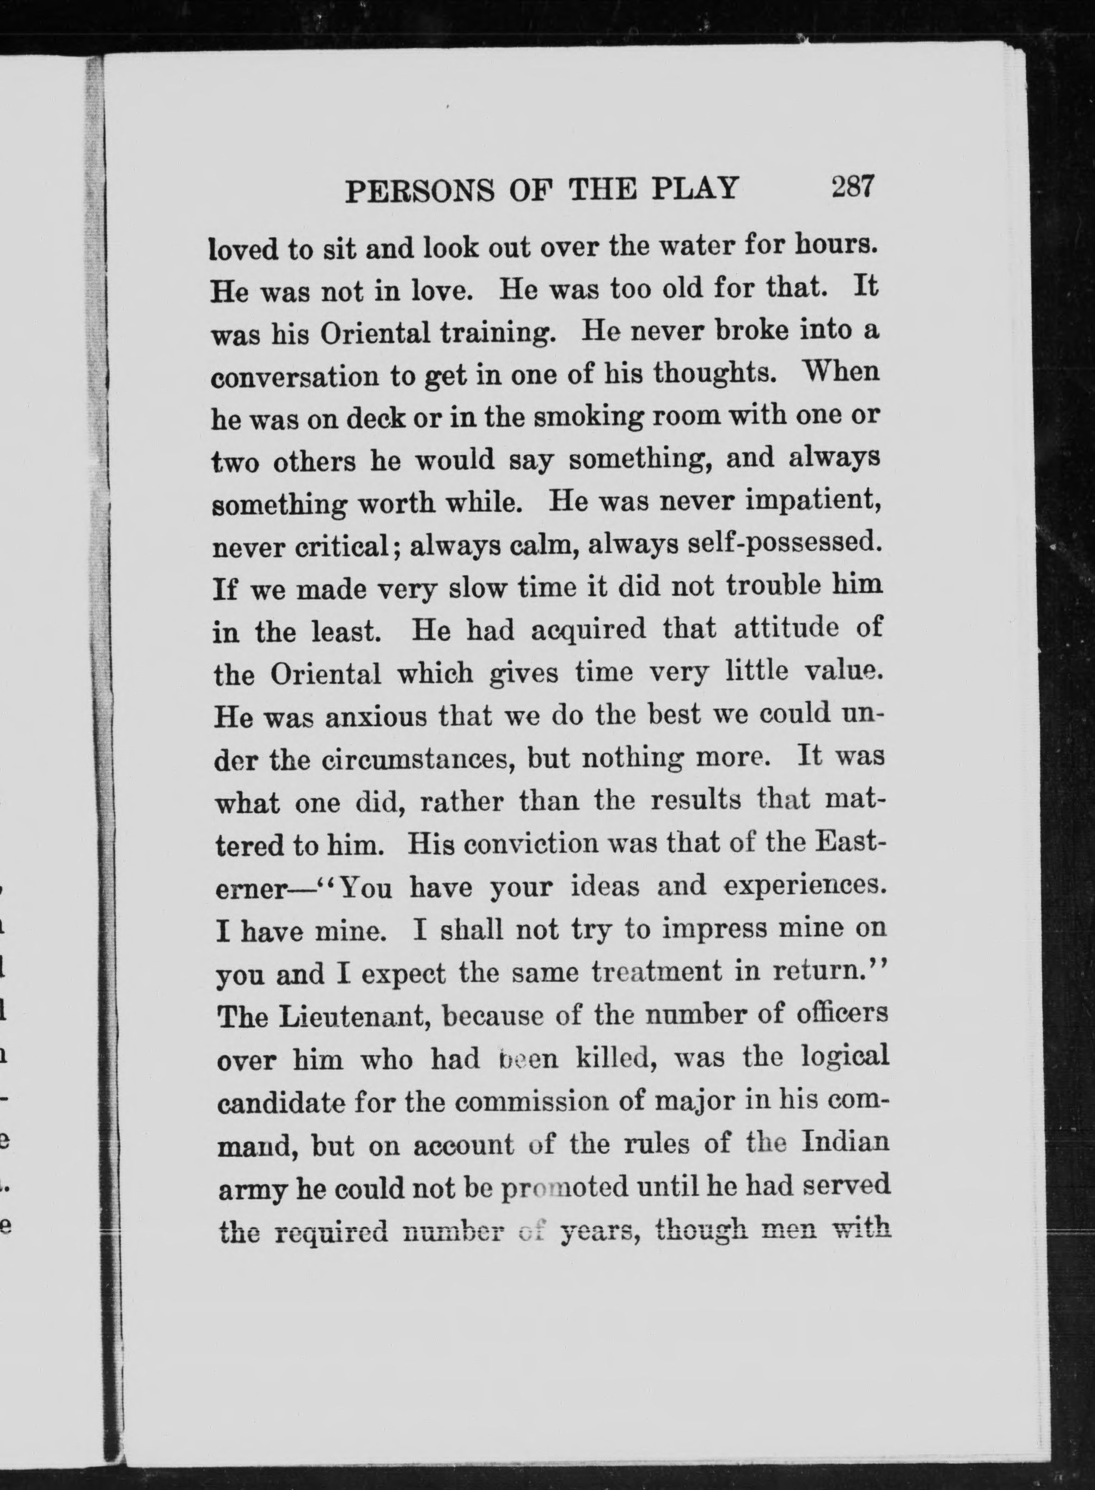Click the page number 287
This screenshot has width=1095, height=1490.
[853, 187]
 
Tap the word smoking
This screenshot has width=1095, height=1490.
[588, 417]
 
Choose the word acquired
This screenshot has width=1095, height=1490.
[588, 629]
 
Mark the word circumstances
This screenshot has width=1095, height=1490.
[419, 759]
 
